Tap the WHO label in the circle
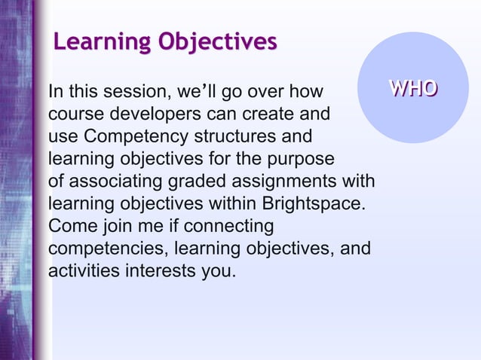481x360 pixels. (x=412, y=89)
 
